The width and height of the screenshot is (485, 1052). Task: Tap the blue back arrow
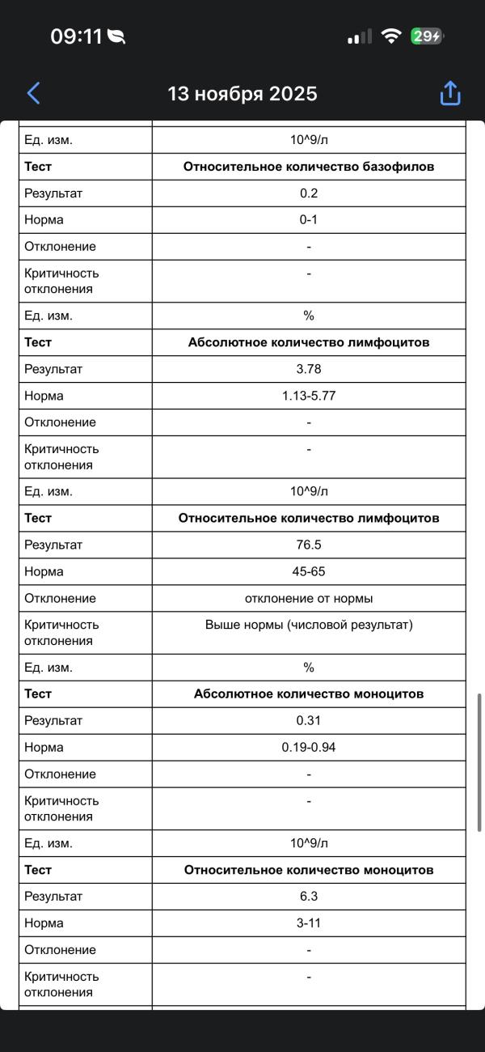[x=33, y=93]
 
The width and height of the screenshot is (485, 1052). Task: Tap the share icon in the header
[x=449, y=93]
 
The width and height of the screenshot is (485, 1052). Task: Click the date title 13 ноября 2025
[x=242, y=94]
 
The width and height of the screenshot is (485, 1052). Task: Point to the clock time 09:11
[x=77, y=36]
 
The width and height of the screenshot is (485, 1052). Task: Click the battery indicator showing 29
[x=426, y=36]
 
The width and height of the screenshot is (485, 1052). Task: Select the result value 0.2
[x=309, y=193]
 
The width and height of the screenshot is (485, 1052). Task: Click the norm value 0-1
[x=309, y=220]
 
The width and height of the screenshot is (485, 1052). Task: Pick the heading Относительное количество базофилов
[x=309, y=167]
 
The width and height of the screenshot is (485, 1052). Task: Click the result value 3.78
[x=309, y=369]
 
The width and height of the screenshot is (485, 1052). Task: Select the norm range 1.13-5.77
[x=309, y=396]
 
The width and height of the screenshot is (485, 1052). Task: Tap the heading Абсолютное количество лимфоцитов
[x=309, y=342]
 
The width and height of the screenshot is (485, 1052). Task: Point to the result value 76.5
[x=309, y=545]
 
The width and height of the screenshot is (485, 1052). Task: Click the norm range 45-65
[x=309, y=571]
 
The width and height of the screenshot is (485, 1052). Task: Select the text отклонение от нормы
[x=309, y=598]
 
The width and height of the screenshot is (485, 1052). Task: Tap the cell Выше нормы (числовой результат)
[x=309, y=625]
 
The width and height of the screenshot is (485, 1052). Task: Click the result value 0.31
[x=309, y=720]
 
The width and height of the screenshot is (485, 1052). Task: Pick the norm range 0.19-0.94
[x=309, y=747]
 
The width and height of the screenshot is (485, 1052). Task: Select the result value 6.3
[x=309, y=896]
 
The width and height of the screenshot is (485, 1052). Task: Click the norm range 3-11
[x=309, y=923]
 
